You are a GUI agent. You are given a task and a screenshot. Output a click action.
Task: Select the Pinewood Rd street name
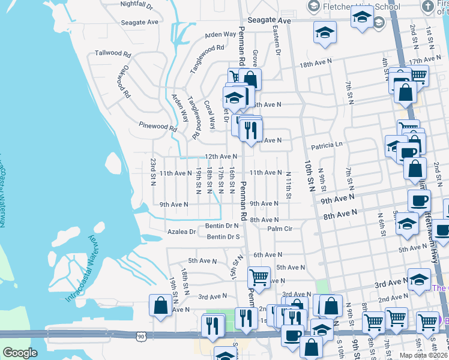(157, 128)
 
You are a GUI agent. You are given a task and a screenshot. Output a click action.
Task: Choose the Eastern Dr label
(277, 41)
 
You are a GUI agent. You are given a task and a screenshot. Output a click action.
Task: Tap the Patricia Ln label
(326, 145)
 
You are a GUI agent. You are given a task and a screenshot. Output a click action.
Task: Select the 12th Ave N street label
(221, 157)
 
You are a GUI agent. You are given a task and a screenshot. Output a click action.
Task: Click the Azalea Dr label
(184, 232)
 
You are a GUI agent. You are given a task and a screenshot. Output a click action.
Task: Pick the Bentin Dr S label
(223, 237)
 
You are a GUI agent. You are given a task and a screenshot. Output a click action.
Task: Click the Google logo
(20, 353)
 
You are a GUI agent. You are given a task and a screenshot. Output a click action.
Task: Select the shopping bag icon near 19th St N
(161, 305)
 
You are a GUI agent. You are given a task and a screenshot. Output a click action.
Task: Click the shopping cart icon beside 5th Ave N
(259, 277)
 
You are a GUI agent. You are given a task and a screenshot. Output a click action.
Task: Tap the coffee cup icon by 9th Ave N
(419, 199)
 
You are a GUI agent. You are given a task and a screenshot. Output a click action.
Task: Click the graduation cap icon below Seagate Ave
(325, 32)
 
